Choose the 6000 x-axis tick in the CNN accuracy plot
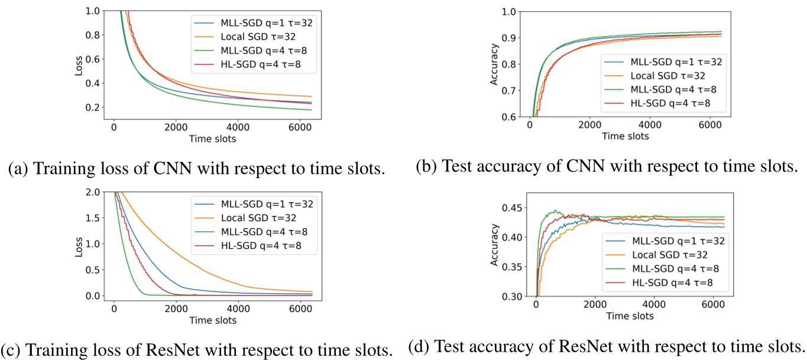(x=710, y=127)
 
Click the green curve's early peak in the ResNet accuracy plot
(x=555, y=210)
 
